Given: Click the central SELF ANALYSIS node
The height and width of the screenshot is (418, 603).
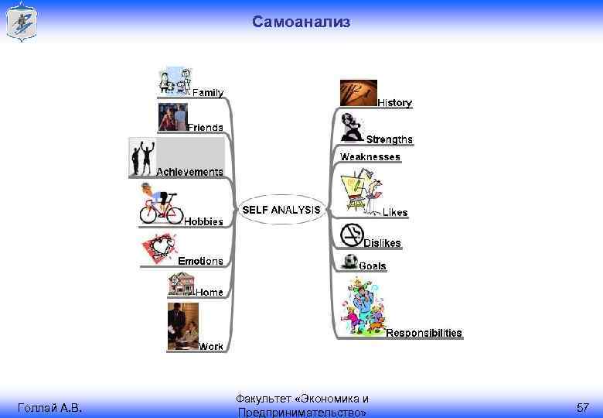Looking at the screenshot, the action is [x=281, y=210].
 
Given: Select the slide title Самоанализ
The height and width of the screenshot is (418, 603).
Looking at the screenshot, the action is [x=301, y=22].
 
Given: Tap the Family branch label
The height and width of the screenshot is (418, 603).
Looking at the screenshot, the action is [x=208, y=93].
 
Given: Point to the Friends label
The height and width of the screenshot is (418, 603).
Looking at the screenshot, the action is [x=206, y=127].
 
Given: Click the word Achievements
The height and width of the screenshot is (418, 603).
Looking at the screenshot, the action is [x=190, y=171].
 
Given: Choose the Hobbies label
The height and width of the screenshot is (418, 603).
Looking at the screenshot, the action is [x=203, y=221].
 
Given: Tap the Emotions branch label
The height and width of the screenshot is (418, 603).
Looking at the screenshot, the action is [x=201, y=261].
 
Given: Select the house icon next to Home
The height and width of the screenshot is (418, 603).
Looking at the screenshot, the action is [x=182, y=286].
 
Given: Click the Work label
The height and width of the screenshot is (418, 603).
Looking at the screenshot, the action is [x=211, y=346].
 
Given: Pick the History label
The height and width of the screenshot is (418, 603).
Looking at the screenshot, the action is [x=395, y=103].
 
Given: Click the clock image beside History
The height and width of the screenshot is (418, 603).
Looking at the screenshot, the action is [x=359, y=93].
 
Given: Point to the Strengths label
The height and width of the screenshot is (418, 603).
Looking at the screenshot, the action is [x=390, y=139].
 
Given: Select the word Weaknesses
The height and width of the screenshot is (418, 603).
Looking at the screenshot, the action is [x=370, y=156].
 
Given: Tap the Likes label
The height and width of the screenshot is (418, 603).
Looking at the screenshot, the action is [x=395, y=212].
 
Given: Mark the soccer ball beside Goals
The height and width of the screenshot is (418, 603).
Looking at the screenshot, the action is [x=350, y=261].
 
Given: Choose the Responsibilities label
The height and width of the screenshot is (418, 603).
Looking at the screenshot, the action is [x=424, y=333].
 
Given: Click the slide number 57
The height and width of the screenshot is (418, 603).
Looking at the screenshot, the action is [x=583, y=407].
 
